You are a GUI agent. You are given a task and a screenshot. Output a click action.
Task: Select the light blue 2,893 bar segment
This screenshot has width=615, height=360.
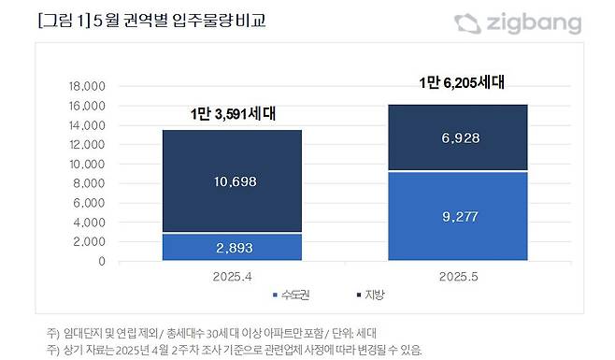point(233,246)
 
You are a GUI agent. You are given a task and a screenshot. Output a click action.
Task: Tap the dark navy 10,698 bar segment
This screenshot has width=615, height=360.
point(233,180)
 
